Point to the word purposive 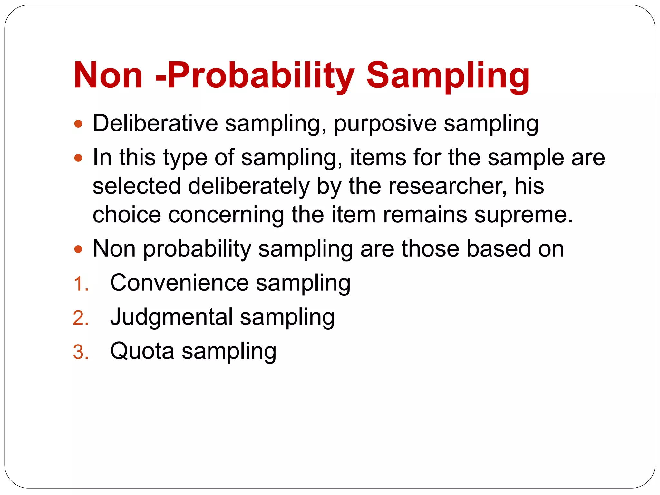[x=385, y=124]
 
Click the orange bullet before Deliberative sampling [x=78, y=124]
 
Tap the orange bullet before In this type [x=78, y=158]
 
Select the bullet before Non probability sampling [x=78, y=249]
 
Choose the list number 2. [x=81, y=318]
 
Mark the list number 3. [x=81, y=352]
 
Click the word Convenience [x=179, y=283]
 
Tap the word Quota [x=142, y=351]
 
